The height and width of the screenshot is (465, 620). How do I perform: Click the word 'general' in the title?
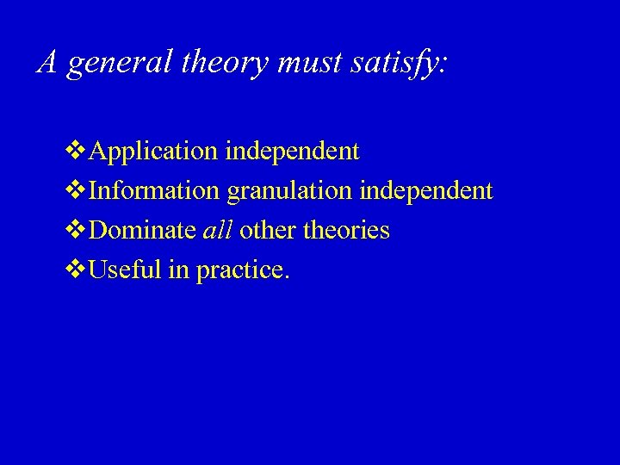click(120, 63)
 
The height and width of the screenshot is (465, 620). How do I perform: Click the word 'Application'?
click(153, 152)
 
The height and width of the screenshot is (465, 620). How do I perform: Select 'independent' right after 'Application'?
click(292, 152)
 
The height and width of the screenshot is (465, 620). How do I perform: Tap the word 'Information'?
click(154, 190)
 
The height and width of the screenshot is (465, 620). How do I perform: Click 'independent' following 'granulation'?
click(426, 190)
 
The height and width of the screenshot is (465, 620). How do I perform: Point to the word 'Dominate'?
click(142, 230)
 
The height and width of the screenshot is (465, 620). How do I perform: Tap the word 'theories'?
click(346, 230)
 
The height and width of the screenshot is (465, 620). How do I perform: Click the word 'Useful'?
click(126, 270)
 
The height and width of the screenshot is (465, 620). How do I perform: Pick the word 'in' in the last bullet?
click(178, 270)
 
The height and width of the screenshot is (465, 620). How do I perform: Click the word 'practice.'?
click(244, 270)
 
